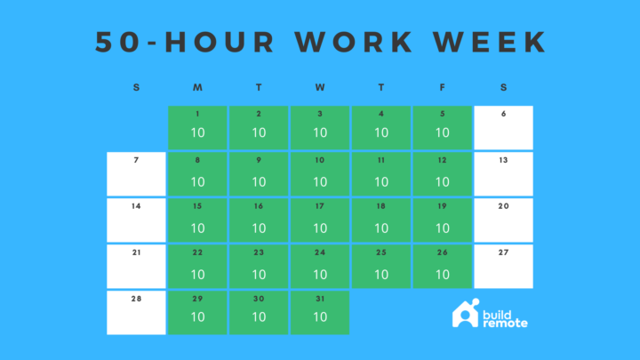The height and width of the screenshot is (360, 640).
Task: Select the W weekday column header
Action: [x=320, y=87]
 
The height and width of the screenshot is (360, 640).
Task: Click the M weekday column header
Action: [x=197, y=87]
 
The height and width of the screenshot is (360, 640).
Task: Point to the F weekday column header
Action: [x=443, y=87]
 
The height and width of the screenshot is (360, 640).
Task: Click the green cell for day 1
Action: [x=197, y=127]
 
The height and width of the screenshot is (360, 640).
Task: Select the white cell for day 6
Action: [x=504, y=127]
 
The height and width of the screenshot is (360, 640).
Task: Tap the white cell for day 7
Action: [x=136, y=173]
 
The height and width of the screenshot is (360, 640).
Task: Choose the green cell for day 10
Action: [x=320, y=173]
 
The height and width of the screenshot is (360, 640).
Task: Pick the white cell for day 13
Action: [x=504, y=173]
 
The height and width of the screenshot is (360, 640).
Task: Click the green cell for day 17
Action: [x=320, y=220]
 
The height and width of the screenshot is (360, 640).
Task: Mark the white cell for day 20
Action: [x=504, y=220]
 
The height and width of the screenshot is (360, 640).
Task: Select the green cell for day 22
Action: [x=197, y=266]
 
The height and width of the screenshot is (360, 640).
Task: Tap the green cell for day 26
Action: [x=443, y=266]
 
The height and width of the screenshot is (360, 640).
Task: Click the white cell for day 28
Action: [x=136, y=312]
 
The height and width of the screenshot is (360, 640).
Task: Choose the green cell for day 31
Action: [x=320, y=312]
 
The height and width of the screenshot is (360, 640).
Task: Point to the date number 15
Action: [x=197, y=206]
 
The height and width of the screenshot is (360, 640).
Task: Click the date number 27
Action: [x=504, y=252]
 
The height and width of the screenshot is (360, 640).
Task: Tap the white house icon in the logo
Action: [x=465, y=314]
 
